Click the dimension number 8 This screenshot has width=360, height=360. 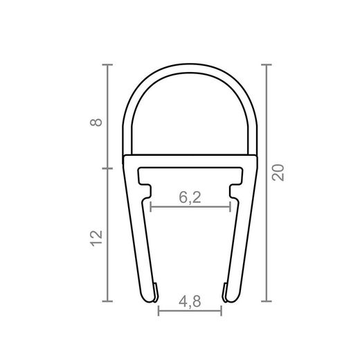click(x=98, y=123)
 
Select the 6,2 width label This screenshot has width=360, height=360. click(x=190, y=197)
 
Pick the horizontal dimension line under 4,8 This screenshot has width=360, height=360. click(x=190, y=311)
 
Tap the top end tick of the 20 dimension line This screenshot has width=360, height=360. click(x=267, y=64)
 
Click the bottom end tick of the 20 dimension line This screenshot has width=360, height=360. click(x=267, y=301)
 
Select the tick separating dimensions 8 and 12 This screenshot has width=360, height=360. click(x=107, y=168)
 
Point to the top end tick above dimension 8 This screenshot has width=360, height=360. click(x=107, y=64)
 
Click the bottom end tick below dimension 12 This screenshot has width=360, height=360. click(x=107, y=301)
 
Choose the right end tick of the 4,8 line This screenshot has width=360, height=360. click(x=221, y=311)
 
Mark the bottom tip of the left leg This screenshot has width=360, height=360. click(x=150, y=299)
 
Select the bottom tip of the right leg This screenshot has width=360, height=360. click(x=229, y=299)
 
